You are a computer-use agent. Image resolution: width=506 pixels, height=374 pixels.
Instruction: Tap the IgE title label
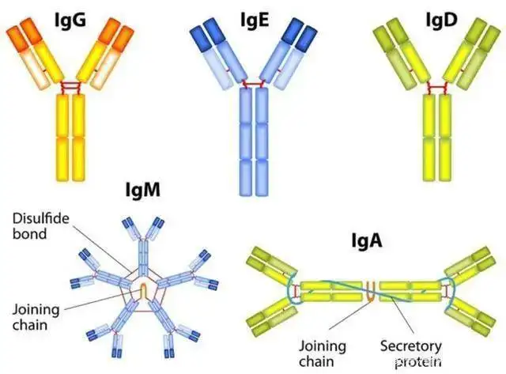(x=255, y=21)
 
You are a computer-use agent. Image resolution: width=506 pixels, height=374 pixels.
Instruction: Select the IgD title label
(x=441, y=21)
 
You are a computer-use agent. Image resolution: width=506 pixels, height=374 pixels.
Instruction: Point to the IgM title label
(x=142, y=190)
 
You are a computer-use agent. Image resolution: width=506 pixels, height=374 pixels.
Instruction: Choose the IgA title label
(x=367, y=240)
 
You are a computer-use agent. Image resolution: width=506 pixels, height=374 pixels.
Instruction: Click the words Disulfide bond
(x=40, y=226)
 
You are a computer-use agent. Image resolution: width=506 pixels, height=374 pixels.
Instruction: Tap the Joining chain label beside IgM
(x=36, y=317)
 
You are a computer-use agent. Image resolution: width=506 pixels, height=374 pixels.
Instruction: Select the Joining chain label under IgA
(x=323, y=353)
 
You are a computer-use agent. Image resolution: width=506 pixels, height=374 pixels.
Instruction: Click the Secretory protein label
(x=411, y=353)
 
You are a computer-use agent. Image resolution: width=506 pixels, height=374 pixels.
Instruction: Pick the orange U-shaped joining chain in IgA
(x=372, y=292)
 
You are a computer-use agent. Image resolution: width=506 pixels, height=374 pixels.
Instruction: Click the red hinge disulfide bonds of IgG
(x=70, y=87)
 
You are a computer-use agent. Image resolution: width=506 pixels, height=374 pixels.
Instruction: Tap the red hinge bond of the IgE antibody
(x=254, y=85)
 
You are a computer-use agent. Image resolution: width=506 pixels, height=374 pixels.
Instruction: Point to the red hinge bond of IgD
(x=437, y=88)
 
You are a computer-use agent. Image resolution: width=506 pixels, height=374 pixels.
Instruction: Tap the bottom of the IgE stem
(x=254, y=194)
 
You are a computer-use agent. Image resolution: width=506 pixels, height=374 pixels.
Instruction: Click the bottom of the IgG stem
(x=70, y=179)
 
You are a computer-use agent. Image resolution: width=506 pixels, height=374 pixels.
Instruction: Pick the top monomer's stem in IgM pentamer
(x=143, y=257)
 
